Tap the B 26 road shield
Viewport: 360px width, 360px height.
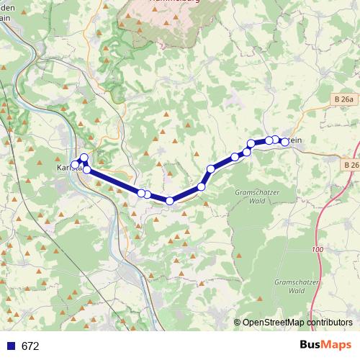click(351, 166)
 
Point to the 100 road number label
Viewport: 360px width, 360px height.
click(318, 249)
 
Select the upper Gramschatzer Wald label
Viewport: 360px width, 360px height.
click(252, 197)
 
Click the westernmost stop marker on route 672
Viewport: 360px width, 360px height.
click(75, 165)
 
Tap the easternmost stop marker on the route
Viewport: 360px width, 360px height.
click(284, 142)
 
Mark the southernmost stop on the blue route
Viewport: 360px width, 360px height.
click(170, 201)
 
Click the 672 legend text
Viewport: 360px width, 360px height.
click(30, 346)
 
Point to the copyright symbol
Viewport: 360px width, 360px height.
click(238, 323)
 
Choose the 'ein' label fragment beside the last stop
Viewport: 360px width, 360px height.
click(294, 142)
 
